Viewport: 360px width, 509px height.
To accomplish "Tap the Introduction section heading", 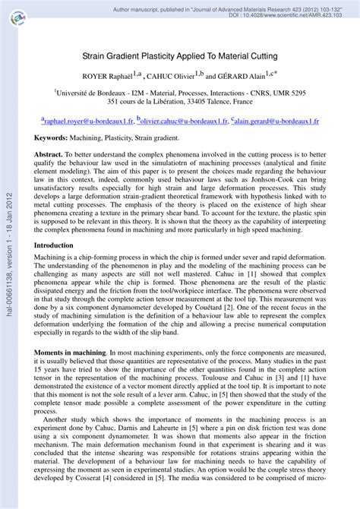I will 54,245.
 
